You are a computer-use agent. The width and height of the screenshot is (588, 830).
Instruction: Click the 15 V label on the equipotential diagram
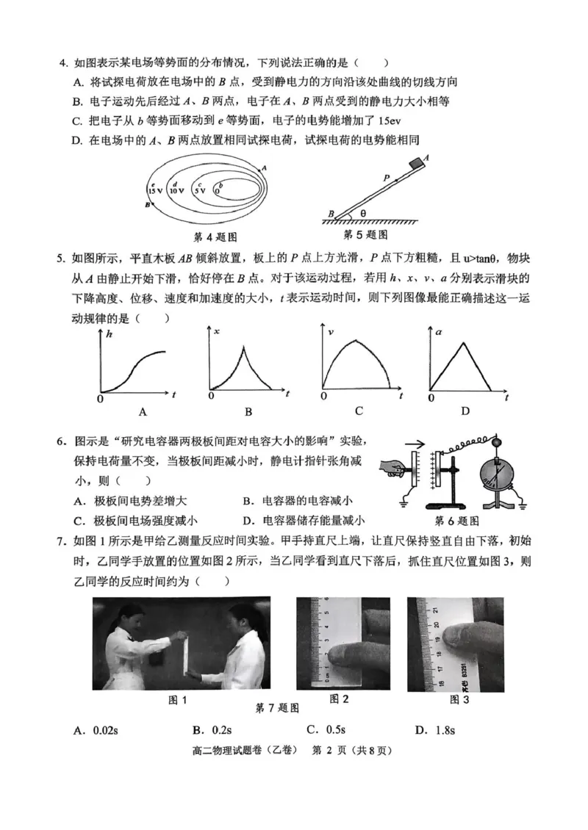154,190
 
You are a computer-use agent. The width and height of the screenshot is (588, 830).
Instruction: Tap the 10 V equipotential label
176,190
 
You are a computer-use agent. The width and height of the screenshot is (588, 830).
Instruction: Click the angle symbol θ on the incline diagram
362,214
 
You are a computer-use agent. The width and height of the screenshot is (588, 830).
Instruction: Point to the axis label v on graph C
331,332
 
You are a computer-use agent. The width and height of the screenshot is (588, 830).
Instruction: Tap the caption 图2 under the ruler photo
339,699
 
